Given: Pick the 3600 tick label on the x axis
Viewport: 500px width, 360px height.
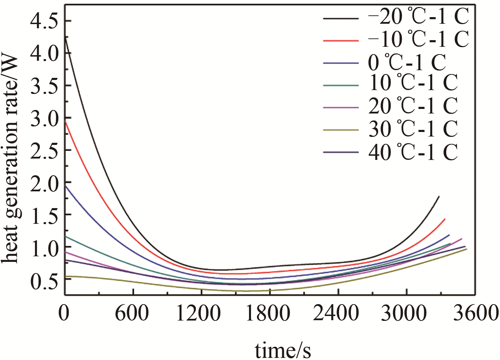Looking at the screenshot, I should tap(476, 313).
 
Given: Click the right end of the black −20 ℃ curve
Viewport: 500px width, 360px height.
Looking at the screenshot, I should tap(439, 197).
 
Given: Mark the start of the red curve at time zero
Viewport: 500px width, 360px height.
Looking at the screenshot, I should tap(65, 121).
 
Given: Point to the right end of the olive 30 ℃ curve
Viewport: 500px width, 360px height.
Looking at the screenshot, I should tap(466, 249).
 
